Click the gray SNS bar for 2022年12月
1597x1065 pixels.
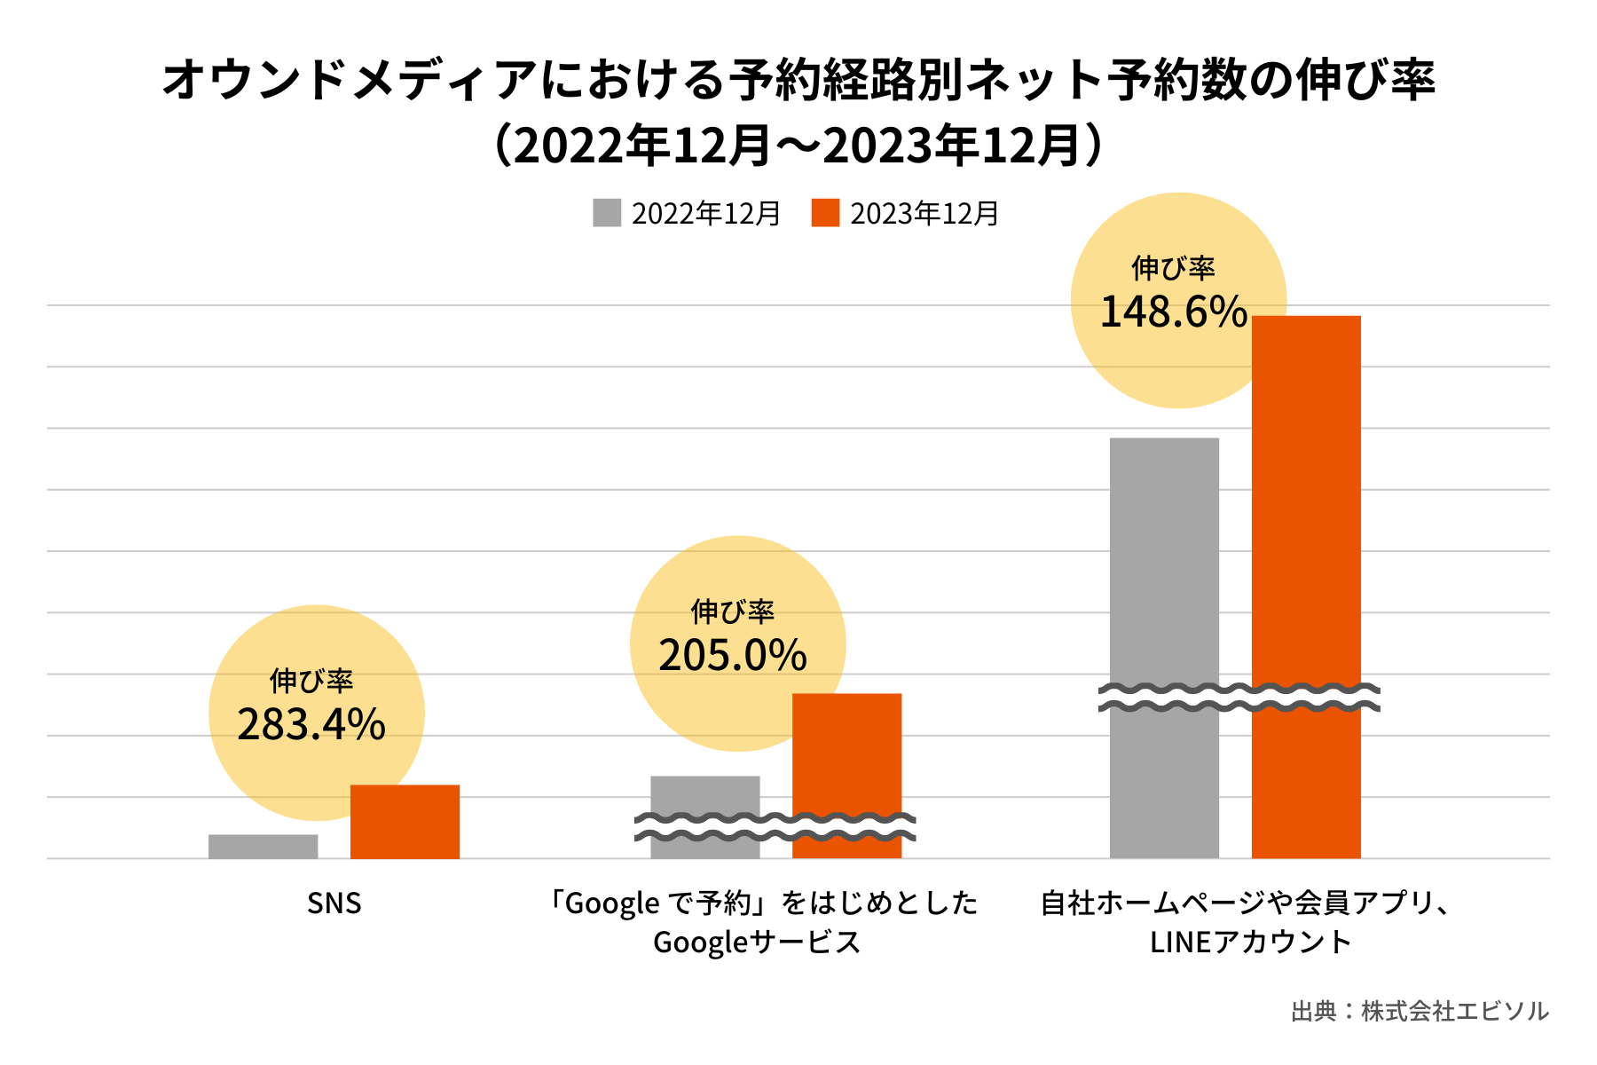pyautogui.click(x=263, y=847)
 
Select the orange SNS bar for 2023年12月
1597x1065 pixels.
pyautogui.click(x=405, y=822)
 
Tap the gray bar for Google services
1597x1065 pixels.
pyautogui.click(x=704, y=794)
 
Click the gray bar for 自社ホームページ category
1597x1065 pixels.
pyautogui.click(x=1164, y=559)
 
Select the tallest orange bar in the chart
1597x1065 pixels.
pyautogui.click(x=1306, y=497)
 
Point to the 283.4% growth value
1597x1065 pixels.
pyautogui.click(x=311, y=725)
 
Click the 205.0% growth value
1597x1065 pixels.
pyautogui.click(x=733, y=656)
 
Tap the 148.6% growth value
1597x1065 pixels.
pyautogui.click(x=1173, y=312)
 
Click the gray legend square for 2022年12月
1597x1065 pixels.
pyautogui.click(x=607, y=213)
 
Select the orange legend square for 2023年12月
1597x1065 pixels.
pyautogui.click(x=825, y=213)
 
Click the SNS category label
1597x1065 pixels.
pyautogui.click(x=334, y=903)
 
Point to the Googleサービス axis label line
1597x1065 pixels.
pyautogui.click(x=757, y=942)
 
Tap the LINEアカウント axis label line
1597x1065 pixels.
pyautogui.click(x=1250, y=942)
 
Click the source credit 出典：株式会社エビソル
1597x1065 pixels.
pyautogui.click(x=1420, y=1011)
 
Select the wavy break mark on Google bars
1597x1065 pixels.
pyautogui.click(x=775, y=827)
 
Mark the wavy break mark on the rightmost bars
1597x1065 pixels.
pyautogui.click(x=1239, y=698)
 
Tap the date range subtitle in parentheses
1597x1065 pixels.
pyautogui.click(x=798, y=146)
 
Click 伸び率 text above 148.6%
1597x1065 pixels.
pyautogui.click(x=1173, y=267)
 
